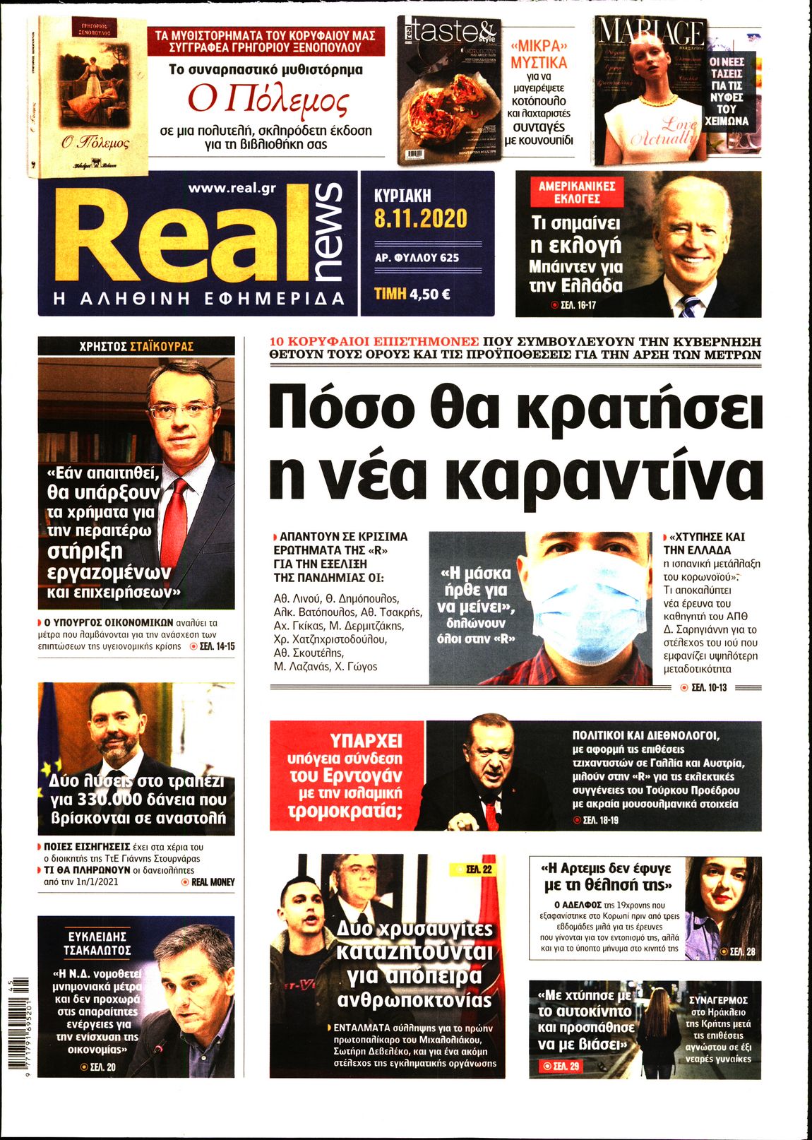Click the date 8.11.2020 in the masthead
tap(421, 218)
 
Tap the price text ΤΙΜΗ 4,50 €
tap(412, 294)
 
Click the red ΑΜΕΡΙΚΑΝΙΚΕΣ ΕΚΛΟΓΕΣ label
tap(577, 192)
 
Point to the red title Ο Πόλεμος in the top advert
tap(269, 100)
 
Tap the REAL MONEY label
tap(213, 881)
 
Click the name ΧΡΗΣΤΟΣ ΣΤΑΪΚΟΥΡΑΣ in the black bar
tap(136, 346)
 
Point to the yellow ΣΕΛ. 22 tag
tap(474, 869)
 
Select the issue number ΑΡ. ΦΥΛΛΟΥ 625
tap(417, 258)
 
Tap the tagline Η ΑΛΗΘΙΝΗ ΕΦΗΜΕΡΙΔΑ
tap(199, 298)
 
